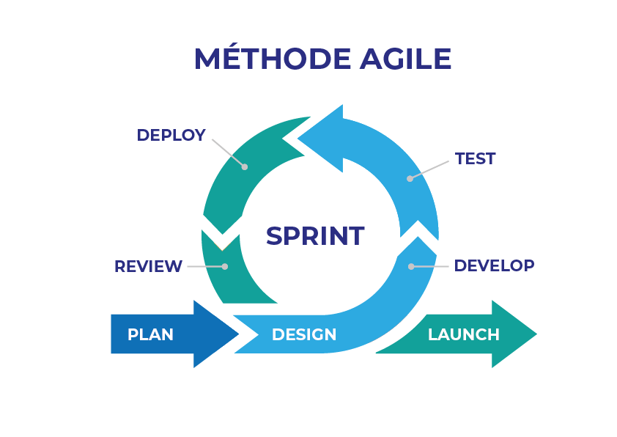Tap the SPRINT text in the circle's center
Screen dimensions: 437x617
coord(315,236)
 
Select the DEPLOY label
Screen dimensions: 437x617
coord(171,136)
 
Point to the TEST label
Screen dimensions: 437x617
coord(476,158)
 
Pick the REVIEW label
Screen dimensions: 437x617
coord(148,267)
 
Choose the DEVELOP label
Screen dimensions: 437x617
coord(495,265)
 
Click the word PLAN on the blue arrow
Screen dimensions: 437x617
coord(151,335)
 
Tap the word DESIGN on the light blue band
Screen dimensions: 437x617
coord(304,335)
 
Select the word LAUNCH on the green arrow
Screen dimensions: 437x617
coord(464,335)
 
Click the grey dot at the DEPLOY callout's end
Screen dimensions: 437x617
coord(245,167)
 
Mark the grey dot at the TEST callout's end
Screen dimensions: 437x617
coord(410,178)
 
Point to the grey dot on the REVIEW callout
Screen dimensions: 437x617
coord(225,266)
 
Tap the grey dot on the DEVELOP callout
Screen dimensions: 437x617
coord(411,266)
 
